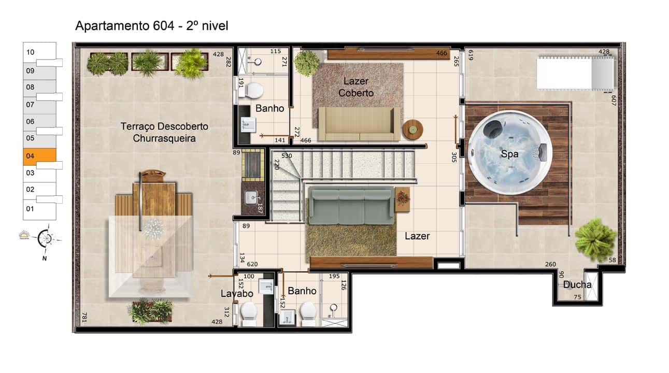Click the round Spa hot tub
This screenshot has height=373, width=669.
pos(510,153)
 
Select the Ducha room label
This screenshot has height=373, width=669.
pos(577,284)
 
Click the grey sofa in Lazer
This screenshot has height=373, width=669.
pos(351,206)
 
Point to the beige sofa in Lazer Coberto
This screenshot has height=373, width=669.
pos(359,124)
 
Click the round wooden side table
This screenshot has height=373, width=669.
pos(413,130)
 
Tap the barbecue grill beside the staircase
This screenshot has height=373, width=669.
pos(253,165)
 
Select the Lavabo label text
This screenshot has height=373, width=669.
pos(237,294)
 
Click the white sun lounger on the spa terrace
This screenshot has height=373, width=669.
pos(576,73)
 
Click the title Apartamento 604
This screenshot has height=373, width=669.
pos(124,26)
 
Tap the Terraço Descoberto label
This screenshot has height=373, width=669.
pos(164,126)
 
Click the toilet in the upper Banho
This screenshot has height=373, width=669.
pos(251,91)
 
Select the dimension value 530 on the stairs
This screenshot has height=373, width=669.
pos(287,155)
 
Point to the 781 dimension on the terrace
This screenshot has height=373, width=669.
pos(84,317)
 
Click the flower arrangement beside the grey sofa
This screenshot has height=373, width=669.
pos(403,198)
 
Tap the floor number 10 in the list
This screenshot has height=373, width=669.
pos(31,52)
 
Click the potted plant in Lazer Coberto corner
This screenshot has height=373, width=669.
pos(307,63)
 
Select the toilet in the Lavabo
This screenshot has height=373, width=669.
pos(249,314)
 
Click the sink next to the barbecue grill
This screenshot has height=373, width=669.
pos(252,198)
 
